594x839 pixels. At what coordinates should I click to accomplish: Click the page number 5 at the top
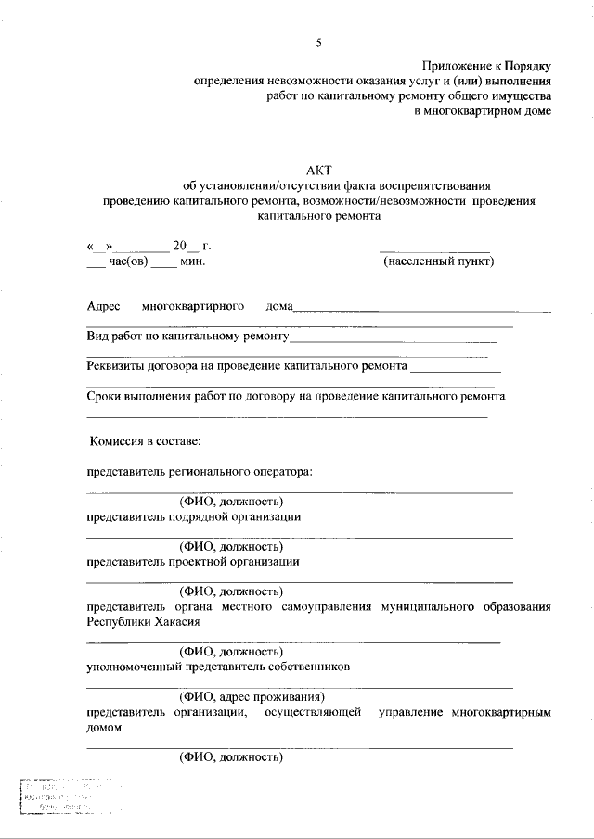(318, 43)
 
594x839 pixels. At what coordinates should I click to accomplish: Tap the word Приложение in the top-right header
(457, 66)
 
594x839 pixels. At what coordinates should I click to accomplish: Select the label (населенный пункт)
(439, 261)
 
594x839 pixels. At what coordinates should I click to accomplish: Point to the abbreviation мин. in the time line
(192, 261)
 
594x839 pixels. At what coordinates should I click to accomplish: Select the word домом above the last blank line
(105, 728)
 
